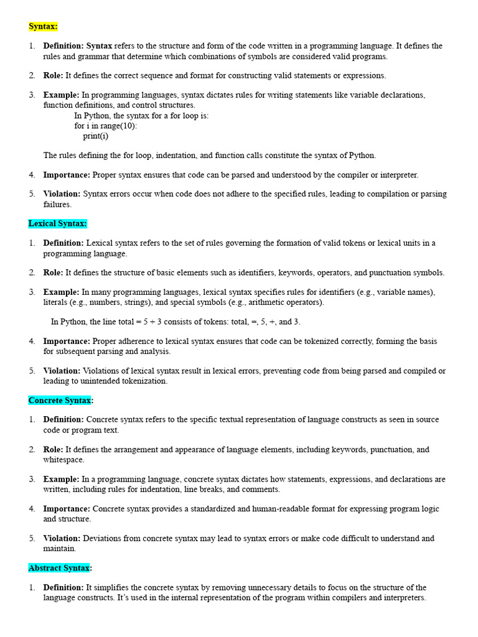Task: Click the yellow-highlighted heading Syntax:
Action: coord(43,27)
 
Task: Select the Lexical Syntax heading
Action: coord(58,223)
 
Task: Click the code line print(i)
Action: coord(95,136)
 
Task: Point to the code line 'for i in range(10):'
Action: coord(106,126)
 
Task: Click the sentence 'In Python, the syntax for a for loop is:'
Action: coord(141,116)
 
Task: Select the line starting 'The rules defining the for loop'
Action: coord(209,155)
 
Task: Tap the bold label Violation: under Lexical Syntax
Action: coord(62,371)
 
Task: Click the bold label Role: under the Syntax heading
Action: coord(53,76)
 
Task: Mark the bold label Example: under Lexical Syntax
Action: coord(61,292)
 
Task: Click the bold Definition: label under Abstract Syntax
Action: coord(63,588)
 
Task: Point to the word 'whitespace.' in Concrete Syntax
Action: coord(63,460)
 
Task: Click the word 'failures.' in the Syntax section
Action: coord(57,204)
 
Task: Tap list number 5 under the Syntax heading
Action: coord(32,194)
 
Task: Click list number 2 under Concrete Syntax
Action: coord(32,450)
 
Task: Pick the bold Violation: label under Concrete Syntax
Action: coord(62,539)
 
